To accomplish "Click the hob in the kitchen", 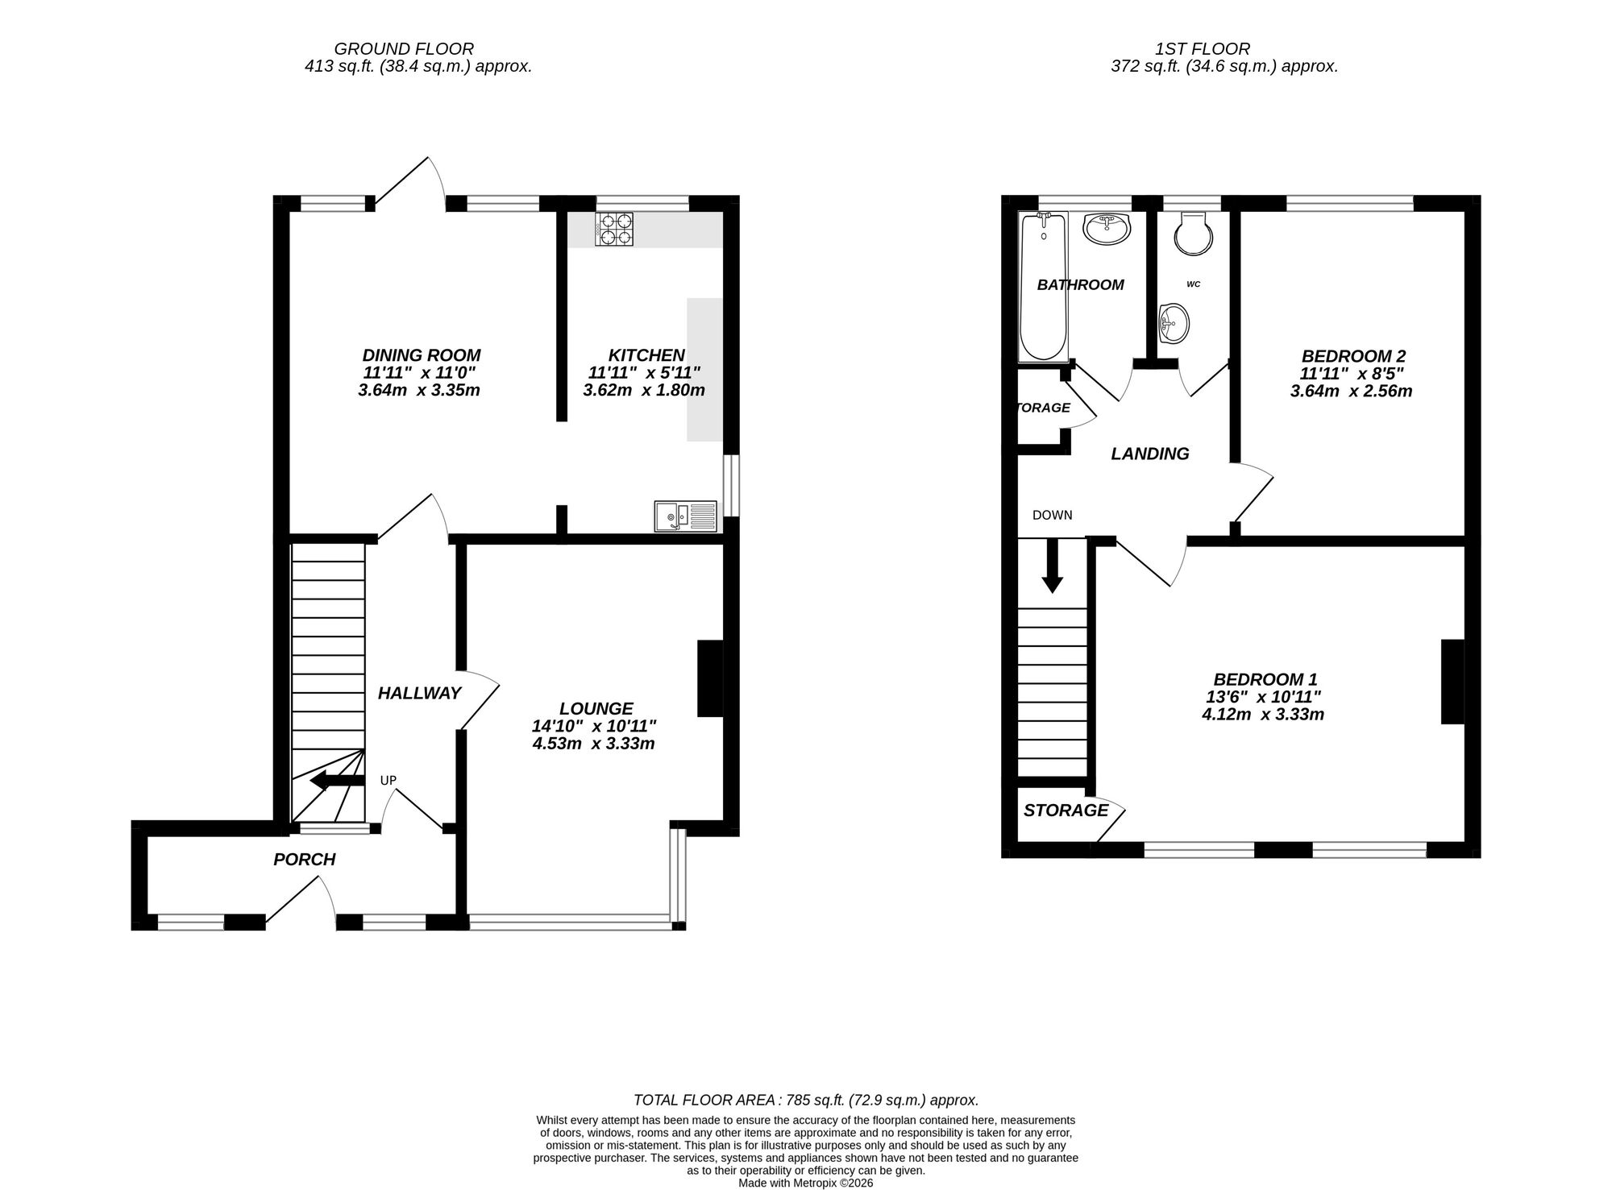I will pos(614,229).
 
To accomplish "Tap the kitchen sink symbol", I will pos(685,516).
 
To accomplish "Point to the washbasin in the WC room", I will pos(1173,325).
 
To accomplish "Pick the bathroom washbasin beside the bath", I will pos(1107,228).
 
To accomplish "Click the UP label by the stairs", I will pos(388,780).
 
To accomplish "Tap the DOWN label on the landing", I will pos(1052,515).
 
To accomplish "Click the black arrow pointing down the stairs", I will pos(1051,566).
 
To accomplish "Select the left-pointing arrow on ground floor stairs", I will pos(337,780).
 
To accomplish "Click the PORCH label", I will pos(304,860).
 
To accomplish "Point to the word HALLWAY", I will pos(419,693).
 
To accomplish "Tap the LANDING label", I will pos(1149,454).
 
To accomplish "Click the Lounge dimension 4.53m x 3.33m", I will pos(593,744).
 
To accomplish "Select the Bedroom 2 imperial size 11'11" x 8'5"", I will pos(1352,374).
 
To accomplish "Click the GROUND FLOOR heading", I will pos(404,49).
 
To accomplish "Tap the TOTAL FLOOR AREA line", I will pos(806,1100).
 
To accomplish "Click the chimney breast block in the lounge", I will pos(709,678).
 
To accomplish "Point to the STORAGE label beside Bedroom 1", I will pos(1066,811).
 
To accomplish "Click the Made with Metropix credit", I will pos(806,1184).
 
